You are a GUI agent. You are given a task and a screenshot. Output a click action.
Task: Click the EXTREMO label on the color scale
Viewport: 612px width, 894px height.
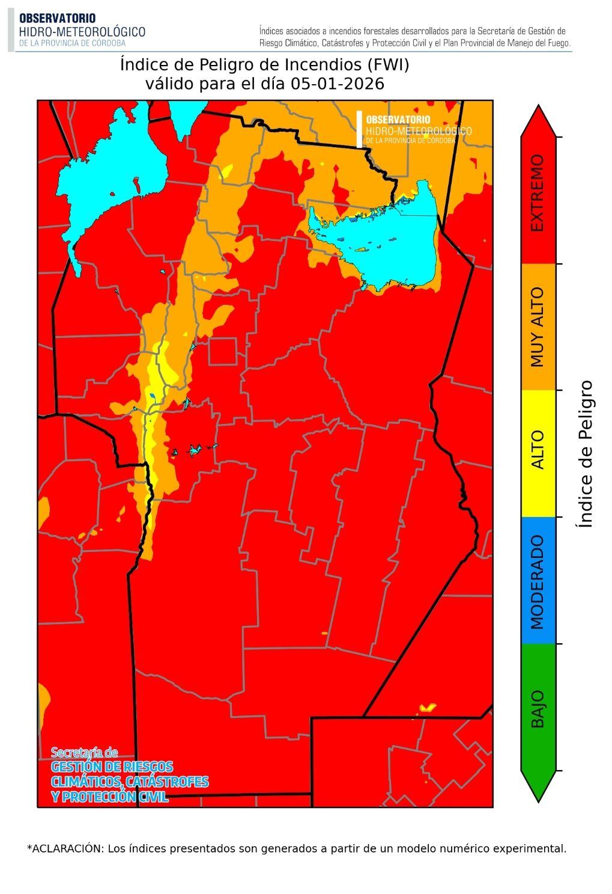(x=537, y=193)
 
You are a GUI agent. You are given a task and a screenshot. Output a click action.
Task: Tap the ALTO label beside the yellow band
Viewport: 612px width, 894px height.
(x=537, y=450)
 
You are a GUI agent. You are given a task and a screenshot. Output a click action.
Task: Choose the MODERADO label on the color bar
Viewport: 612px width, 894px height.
(x=537, y=581)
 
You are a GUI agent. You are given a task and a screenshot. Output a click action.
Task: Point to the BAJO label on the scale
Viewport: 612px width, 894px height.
(x=537, y=709)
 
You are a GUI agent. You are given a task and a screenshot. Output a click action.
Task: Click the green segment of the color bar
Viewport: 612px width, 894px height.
(x=538, y=706)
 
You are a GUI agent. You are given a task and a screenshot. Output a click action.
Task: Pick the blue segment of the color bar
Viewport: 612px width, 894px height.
(x=538, y=580)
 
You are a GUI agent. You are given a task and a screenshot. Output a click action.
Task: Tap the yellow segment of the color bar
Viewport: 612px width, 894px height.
(x=538, y=453)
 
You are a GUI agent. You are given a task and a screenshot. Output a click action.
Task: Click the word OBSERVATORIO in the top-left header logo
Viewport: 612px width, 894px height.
(x=57, y=19)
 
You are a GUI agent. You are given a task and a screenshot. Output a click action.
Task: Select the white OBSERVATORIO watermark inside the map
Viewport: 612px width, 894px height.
(x=398, y=120)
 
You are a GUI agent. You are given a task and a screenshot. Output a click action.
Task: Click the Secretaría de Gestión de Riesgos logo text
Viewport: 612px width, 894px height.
(x=129, y=776)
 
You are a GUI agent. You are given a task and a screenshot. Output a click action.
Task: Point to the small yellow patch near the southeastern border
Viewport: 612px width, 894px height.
(x=428, y=707)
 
